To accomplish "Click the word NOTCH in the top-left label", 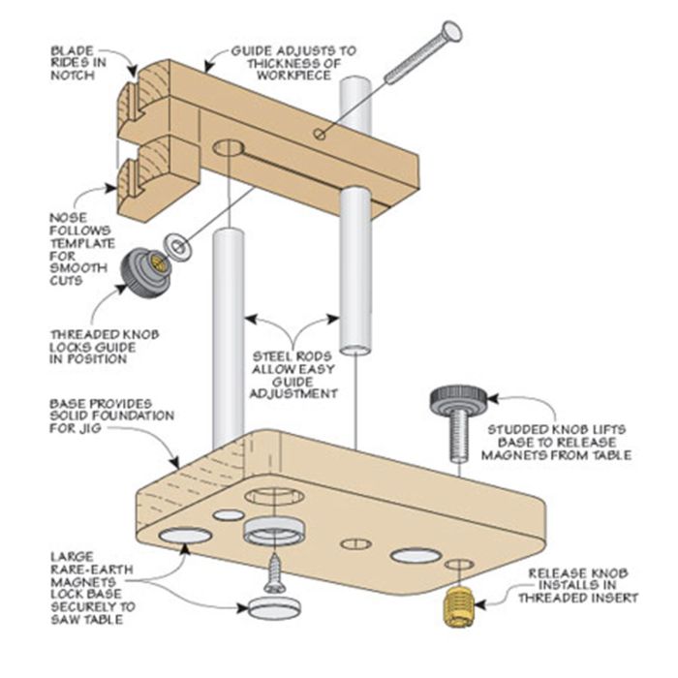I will (x=76, y=76).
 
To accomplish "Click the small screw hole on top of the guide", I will (x=320, y=135).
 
